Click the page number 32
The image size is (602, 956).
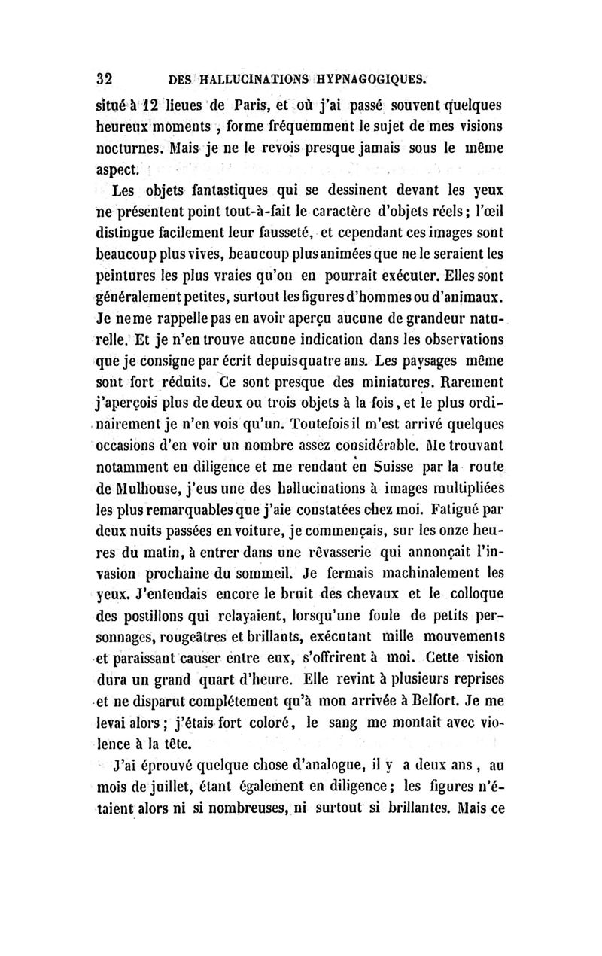(104, 79)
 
